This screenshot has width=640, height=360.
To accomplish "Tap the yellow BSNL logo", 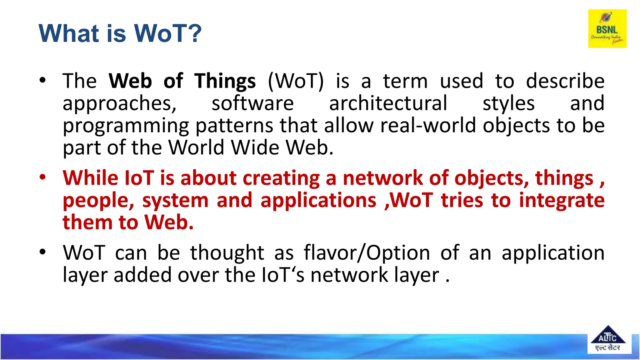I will coord(607,28).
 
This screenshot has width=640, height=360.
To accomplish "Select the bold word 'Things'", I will coord(225,81).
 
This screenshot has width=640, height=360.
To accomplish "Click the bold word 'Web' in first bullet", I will coord(130,81).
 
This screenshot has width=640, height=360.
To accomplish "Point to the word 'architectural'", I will coord(388,103).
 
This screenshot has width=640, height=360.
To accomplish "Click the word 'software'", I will coord(252,103).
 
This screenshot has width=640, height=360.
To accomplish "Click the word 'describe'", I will coord(565,81).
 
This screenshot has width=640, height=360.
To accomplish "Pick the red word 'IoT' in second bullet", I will coord(139,178).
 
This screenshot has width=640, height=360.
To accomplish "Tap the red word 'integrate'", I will coord(562,200).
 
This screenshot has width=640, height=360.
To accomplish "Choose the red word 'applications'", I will coord(318,200).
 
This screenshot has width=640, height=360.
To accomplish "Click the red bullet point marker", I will coord(42,177).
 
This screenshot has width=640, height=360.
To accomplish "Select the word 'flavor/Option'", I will coord(367,253).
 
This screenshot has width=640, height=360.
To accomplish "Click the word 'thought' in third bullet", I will coord(227,253).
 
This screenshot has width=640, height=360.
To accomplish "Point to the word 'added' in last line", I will coord(142,275).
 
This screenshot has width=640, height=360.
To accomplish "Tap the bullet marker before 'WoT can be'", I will coord(42,252).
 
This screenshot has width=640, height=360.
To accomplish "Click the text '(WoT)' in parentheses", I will coord(296,81).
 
